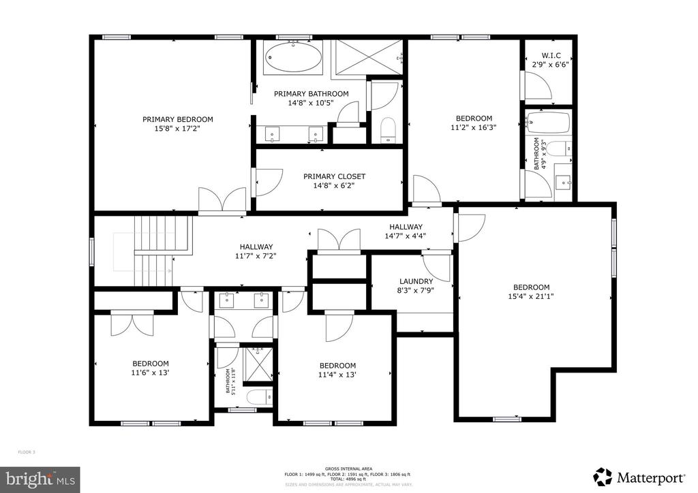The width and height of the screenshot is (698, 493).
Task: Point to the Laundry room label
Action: pyautogui.click(x=416, y=281)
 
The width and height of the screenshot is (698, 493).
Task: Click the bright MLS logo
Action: pyautogui.click(x=40, y=479)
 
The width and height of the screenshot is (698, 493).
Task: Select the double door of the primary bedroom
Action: pyautogui.click(x=222, y=201)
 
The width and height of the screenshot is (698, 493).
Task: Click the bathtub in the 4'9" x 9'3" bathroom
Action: pyautogui.click(x=549, y=123)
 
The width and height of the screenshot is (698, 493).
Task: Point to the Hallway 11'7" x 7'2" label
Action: pyautogui.click(x=256, y=251)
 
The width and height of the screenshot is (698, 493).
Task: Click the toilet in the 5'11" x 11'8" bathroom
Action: pyautogui.click(x=258, y=397)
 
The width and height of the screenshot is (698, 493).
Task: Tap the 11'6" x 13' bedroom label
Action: pyautogui.click(x=150, y=368)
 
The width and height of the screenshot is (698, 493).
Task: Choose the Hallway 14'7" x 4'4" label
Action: pyautogui.click(x=406, y=232)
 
